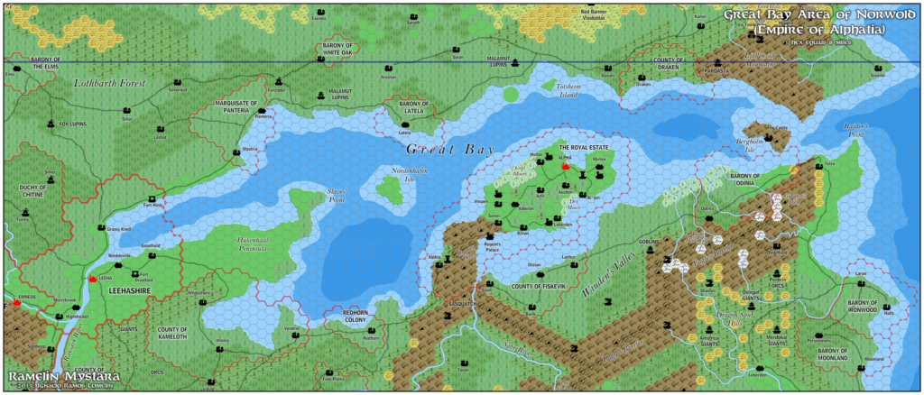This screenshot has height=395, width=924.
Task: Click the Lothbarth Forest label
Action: (109, 83)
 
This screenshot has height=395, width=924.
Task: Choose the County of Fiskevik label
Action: (538, 286)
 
